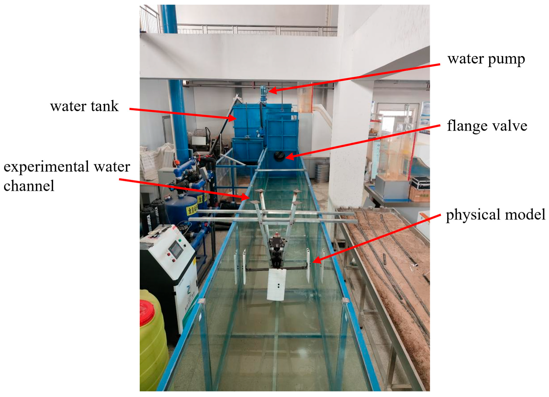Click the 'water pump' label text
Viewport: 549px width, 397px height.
click(x=486, y=59)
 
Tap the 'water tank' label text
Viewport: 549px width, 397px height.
click(x=84, y=106)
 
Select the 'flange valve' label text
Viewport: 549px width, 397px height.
click(x=487, y=126)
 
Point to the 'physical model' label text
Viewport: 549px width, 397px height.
click(x=495, y=215)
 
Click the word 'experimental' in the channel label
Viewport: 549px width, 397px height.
click(x=46, y=167)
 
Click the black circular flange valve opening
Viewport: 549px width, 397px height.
click(x=279, y=156)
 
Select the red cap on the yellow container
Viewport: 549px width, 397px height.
click(x=146, y=311)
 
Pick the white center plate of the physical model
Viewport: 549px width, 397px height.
click(x=277, y=285)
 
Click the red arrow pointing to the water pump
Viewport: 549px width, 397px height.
click(x=354, y=78)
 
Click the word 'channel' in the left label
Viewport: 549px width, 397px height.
click(x=29, y=186)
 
